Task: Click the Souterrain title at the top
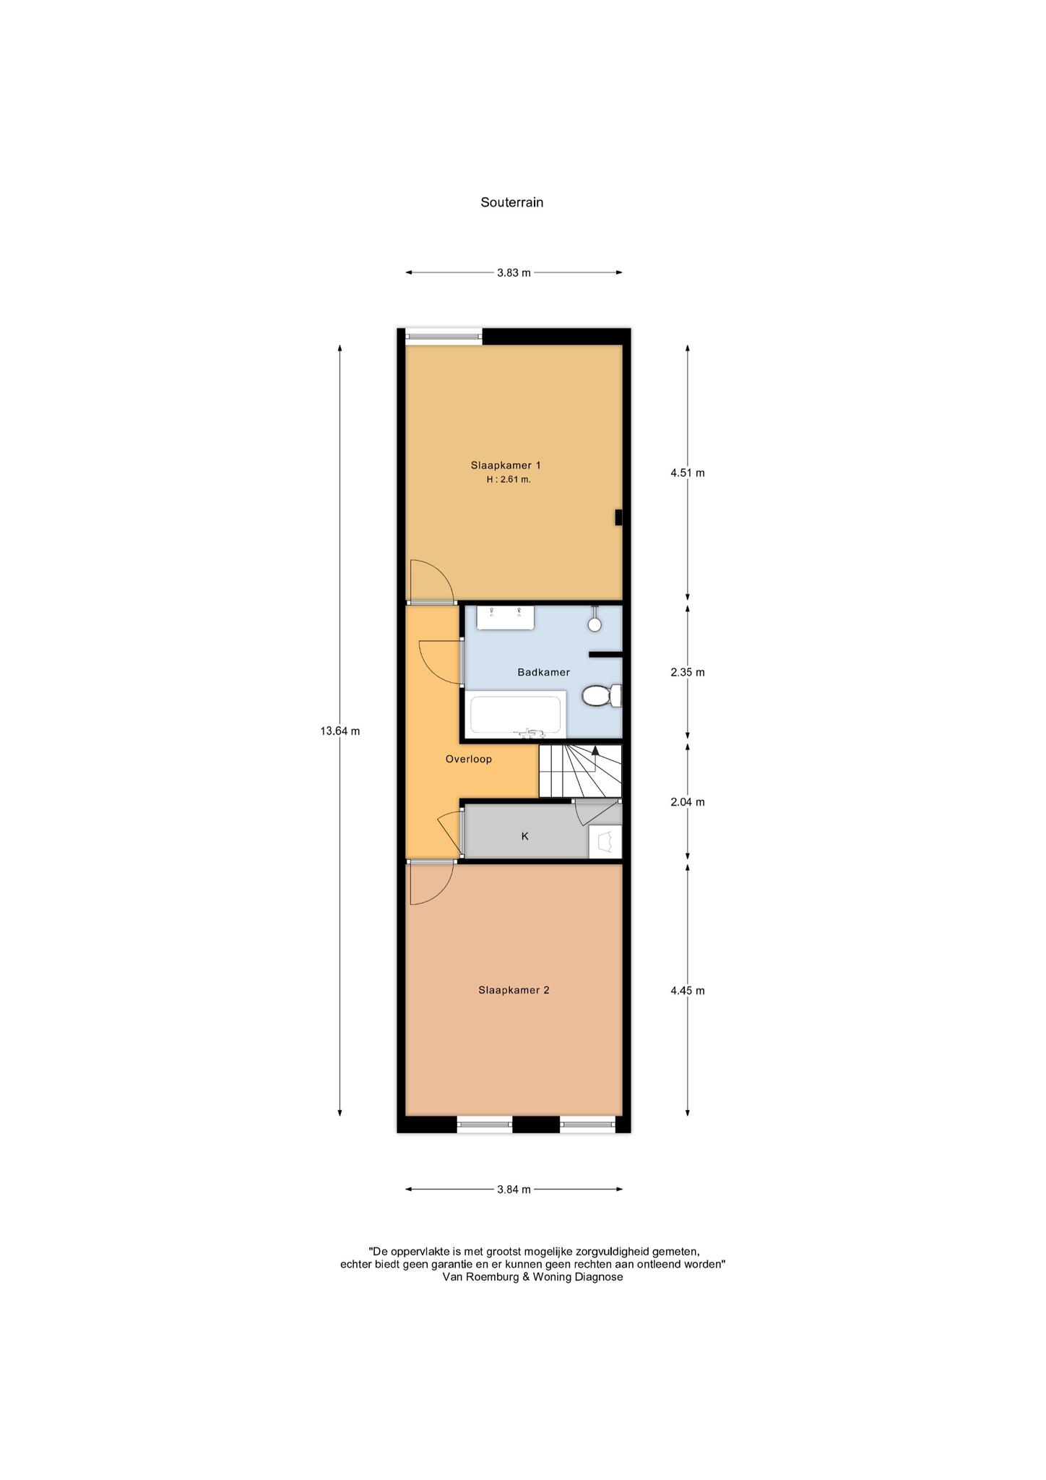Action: [x=511, y=202]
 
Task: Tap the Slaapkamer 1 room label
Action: [x=506, y=465]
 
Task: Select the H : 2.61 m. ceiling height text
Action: [x=509, y=479]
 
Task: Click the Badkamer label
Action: [x=543, y=672]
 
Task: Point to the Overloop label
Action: [x=469, y=759]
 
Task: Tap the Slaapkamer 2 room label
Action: [x=514, y=990]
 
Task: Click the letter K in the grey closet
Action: [x=525, y=836]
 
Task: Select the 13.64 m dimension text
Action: [x=340, y=731]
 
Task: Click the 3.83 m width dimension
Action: [x=514, y=273]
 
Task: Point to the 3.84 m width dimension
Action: [x=514, y=1189]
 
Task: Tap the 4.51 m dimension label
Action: [x=687, y=473]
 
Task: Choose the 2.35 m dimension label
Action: [x=687, y=672]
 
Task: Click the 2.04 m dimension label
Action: [x=687, y=802]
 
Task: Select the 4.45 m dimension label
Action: [x=687, y=991]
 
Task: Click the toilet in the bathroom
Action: [x=602, y=696]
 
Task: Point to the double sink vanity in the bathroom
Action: [x=505, y=617]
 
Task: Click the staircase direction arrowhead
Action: [x=595, y=750]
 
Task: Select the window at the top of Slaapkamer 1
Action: [x=444, y=334]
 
